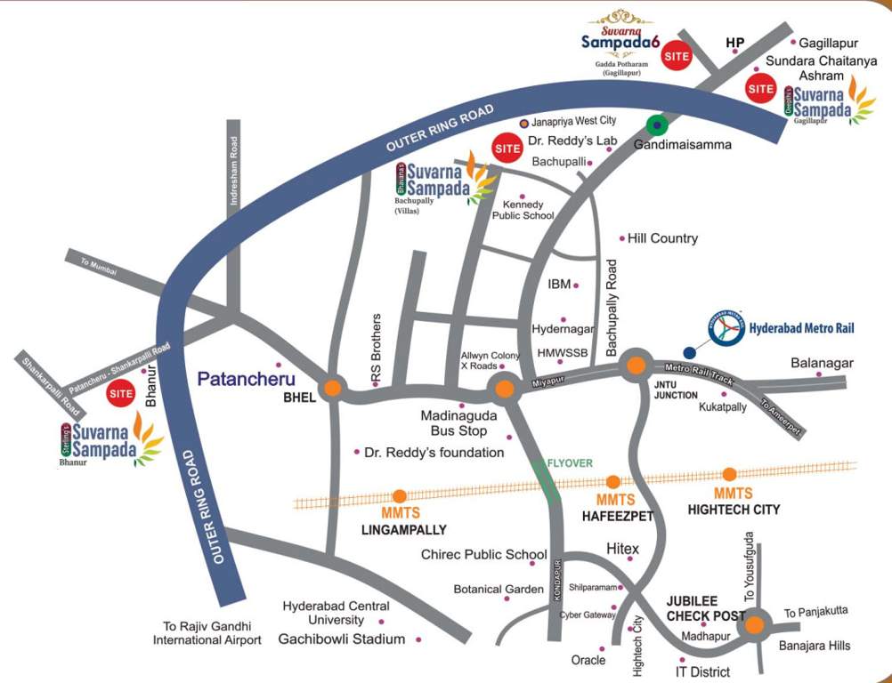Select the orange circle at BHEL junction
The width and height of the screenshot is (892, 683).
(332, 388)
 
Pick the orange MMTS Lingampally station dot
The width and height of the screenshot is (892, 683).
(400, 496)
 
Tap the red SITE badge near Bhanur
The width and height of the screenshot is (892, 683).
(120, 392)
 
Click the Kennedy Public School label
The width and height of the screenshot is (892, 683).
(523, 210)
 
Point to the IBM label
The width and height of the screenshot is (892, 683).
(558, 285)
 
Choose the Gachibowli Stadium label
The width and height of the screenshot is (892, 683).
(342, 639)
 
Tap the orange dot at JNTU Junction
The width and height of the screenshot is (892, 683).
(635, 366)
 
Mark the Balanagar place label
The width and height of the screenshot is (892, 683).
(822, 363)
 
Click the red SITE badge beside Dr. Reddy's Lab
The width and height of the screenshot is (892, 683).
(507, 147)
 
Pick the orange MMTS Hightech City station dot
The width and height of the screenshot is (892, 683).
(729, 474)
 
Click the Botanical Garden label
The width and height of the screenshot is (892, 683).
(499, 589)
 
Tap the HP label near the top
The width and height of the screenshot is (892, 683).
(734, 42)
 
